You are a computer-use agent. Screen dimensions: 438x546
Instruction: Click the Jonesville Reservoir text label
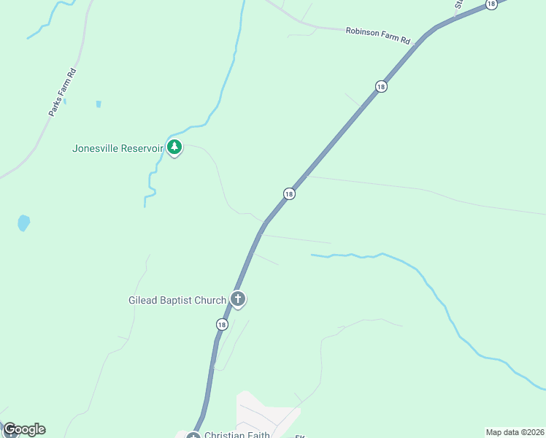(117, 148)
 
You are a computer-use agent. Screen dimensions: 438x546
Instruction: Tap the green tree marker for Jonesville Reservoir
(174, 147)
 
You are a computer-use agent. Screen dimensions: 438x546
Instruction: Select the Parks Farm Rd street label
(62, 93)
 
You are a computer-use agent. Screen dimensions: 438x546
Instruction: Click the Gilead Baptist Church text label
(177, 300)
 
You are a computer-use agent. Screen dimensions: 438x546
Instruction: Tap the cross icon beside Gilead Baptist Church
(237, 299)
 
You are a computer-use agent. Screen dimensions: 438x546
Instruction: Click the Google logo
(23, 429)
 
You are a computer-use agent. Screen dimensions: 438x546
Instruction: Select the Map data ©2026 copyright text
(515, 432)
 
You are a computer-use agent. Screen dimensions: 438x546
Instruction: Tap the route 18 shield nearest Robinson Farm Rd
(381, 87)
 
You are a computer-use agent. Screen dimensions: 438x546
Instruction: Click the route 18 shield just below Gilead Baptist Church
(221, 324)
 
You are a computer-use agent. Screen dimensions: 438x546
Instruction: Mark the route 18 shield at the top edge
(491, 4)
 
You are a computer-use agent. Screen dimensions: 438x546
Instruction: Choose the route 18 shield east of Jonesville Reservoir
(289, 193)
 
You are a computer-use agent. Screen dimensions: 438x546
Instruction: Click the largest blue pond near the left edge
(23, 223)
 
